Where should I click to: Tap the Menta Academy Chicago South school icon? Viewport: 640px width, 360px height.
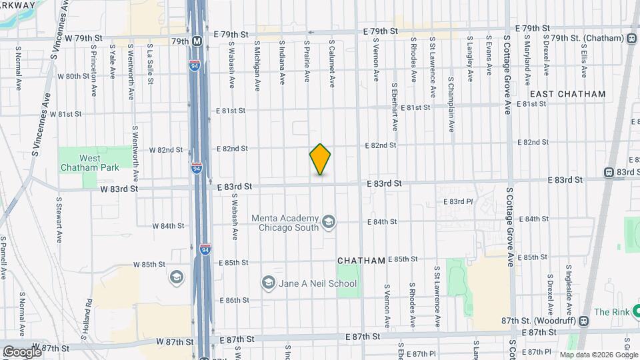[x=328, y=221]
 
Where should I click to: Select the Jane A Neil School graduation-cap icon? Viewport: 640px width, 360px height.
[x=269, y=283]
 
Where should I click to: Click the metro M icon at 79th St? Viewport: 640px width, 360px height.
[x=197, y=41]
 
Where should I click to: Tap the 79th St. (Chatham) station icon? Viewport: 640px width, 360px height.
[x=631, y=38]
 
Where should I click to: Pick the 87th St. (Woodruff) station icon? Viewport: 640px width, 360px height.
[x=584, y=321]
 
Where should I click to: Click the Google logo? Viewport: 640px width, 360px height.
[x=22, y=351]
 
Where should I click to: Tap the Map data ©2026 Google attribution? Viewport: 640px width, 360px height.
[x=599, y=355]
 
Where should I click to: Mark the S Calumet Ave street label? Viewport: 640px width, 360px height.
[x=331, y=63]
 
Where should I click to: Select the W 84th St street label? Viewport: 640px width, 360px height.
[x=167, y=226]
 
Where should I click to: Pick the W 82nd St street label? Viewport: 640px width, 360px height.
[x=165, y=149]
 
